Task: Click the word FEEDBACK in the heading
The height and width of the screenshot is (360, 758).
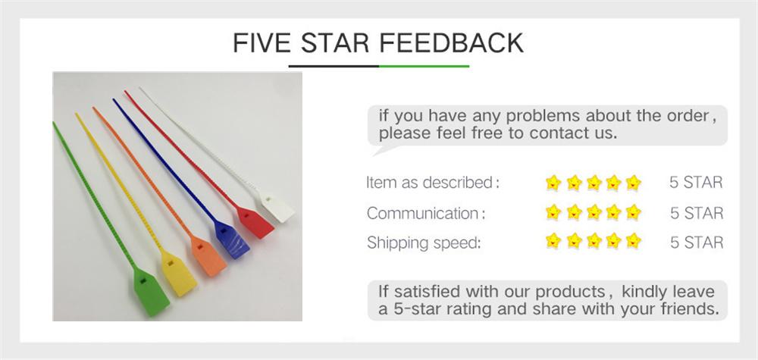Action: (x=451, y=42)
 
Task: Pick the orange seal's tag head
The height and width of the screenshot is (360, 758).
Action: (x=210, y=256)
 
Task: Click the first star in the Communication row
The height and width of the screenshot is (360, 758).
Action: (x=553, y=212)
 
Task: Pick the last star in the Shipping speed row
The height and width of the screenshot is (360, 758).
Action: (x=634, y=242)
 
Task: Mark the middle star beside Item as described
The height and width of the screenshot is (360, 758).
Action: (x=594, y=183)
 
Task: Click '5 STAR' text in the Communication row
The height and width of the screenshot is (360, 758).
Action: (x=696, y=213)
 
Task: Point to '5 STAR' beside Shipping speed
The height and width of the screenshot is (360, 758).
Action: (x=696, y=243)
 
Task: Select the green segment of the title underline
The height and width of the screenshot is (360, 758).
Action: (x=424, y=66)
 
